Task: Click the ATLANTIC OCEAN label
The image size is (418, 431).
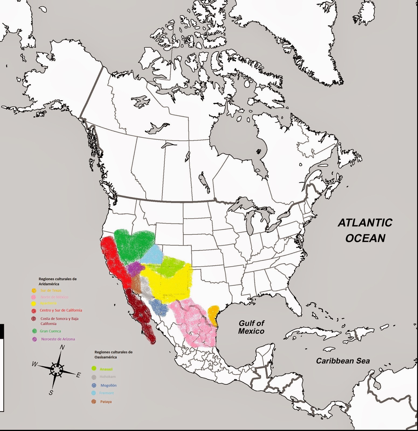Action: pyautogui.click(x=365, y=230)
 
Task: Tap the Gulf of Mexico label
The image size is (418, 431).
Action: pyautogui.click(x=251, y=327)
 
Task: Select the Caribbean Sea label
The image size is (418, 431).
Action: pyautogui.click(x=343, y=361)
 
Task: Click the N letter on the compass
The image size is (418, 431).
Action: pyautogui.click(x=62, y=347)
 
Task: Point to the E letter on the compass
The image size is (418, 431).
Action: pyautogui.click(x=78, y=375)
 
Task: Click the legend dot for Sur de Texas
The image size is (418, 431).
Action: pyautogui.click(x=34, y=290)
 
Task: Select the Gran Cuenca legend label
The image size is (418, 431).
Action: pyautogui.click(x=50, y=331)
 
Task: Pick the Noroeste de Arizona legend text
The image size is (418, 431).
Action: pyautogui.click(x=58, y=339)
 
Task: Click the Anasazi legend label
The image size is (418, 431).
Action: pyautogui.click(x=106, y=369)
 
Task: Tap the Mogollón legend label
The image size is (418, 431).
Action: pyautogui.click(x=108, y=385)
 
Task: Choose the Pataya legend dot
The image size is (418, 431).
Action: pyautogui.click(x=94, y=402)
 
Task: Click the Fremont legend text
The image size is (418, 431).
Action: pyautogui.click(x=106, y=393)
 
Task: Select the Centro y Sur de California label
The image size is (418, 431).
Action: pyautogui.click(x=61, y=310)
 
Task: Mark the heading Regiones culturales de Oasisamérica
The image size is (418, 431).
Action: pyautogui.click(x=113, y=354)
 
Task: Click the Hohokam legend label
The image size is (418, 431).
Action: pyautogui.click(x=108, y=377)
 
